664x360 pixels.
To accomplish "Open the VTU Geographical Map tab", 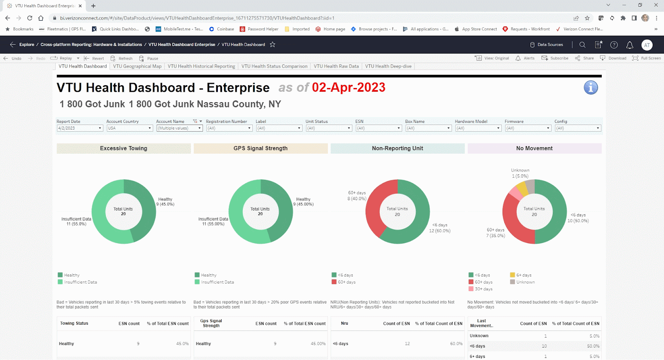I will pos(137,66).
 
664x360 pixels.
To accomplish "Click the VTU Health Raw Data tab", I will pos(336,66).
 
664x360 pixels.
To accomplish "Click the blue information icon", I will pos(591,88).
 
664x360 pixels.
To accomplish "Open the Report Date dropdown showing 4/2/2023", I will pos(80,128).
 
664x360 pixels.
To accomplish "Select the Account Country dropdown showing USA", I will pos(129,128).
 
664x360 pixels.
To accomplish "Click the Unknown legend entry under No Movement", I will pos(525,282).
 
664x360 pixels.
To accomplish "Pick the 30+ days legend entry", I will pos(483,289).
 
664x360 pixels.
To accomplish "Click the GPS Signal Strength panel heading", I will pos(260,148).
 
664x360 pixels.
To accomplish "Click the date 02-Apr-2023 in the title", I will pos(348,88).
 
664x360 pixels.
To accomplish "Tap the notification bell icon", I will pos(630,45).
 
